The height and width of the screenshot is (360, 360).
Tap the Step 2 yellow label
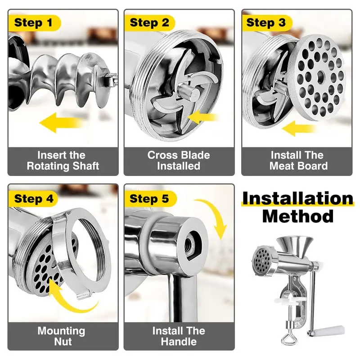point(149,22)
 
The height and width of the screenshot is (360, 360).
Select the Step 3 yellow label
point(266,22)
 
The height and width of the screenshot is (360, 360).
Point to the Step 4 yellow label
point(34,198)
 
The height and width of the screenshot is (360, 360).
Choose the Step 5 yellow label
point(150,198)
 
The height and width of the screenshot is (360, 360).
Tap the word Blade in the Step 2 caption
point(195,155)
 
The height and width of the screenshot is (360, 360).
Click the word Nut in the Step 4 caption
point(61,342)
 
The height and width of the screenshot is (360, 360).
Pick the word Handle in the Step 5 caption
point(179,342)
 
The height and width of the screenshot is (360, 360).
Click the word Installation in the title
point(297,198)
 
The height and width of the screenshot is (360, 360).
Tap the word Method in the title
point(297,216)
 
